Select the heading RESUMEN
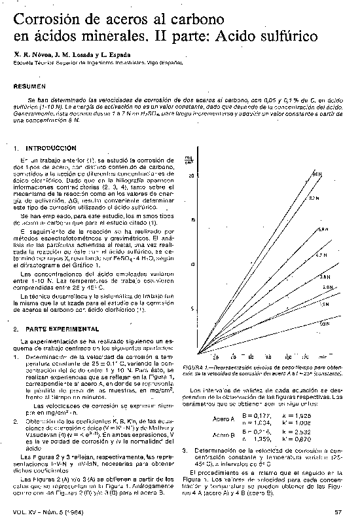29,86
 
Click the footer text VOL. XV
25,512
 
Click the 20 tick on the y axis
192,176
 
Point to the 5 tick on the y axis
193,309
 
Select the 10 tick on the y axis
192,264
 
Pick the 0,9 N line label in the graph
324,324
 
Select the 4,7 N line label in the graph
321,254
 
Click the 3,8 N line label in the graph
323,278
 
